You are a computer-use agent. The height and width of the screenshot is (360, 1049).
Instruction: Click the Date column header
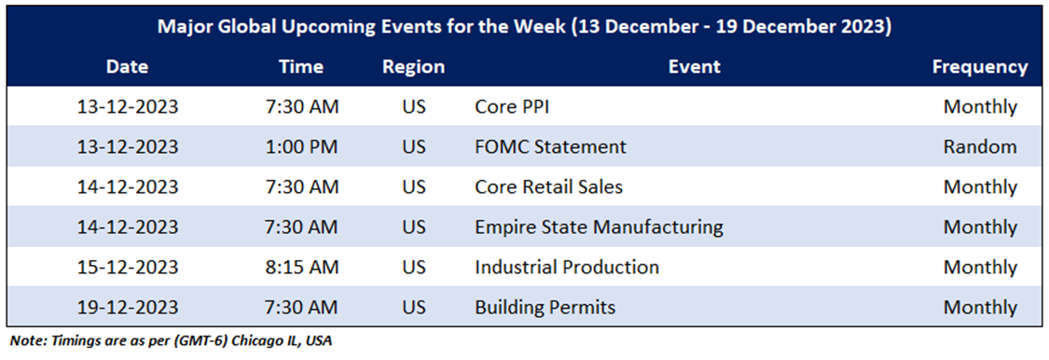(x=127, y=67)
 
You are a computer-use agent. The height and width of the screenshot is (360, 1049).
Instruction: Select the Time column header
(x=301, y=67)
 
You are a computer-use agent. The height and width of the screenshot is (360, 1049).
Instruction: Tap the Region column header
(x=413, y=67)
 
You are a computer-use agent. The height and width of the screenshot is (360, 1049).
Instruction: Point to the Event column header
(x=695, y=67)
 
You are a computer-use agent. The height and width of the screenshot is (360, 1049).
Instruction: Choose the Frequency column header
(x=980, y=67)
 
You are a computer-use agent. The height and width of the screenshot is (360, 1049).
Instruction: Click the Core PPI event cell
(x=512, y=106)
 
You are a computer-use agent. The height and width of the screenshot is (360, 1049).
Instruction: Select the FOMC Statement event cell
(x=550, y=146)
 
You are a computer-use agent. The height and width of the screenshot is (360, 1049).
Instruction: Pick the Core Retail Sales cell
(x=548, y=187)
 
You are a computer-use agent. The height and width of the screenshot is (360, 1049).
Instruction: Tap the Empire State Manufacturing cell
(x=599, y=227)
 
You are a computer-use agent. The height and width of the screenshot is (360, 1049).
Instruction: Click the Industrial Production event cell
(x=567, y=267)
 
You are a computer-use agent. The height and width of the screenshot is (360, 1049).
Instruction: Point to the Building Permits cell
(x=545, y=307)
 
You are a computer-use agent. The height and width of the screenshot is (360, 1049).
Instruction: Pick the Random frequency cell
(x=980, y=146)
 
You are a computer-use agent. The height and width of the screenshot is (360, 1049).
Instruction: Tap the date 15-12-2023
(x=127, y=267)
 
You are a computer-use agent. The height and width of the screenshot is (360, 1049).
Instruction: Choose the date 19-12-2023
(x=127, y=307)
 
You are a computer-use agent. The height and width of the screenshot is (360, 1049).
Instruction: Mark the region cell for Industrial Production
(x=414, y=267)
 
